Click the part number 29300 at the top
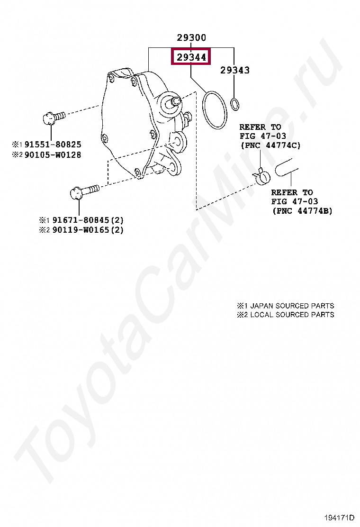[x=191, y=37]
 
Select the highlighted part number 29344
[x=191, y=58]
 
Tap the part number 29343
[x=234, y=70]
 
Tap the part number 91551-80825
[x=53, y=144]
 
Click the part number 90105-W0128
[x=53, y=154]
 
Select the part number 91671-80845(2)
[x=88, y=220]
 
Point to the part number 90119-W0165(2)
[x=88, y=230]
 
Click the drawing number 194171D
[x=340, y=517]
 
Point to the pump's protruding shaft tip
[x=175, y=100]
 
